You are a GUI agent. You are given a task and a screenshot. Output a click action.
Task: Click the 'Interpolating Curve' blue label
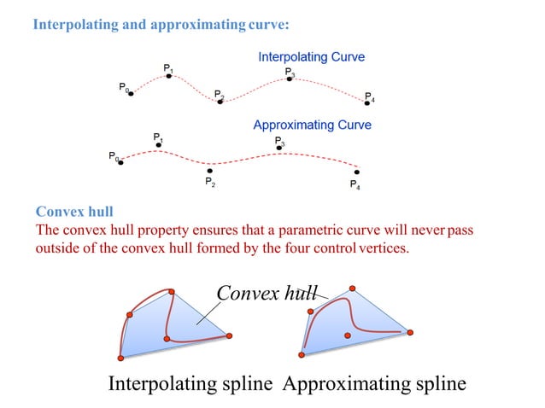click(x=311, y=57)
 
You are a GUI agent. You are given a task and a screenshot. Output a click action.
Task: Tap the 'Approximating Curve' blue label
click(x=312, y=125)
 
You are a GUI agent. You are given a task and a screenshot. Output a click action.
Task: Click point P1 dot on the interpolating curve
click(x=169, y=76)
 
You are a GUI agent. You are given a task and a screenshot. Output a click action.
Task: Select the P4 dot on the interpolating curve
click(x=367, y=102)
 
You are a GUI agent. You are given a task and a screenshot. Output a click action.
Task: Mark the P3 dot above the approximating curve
click(x=280, y=148)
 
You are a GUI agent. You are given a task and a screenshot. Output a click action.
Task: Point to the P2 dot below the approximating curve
click(x=209, y=171)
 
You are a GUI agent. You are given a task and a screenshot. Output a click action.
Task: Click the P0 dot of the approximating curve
click(x=120, y=161)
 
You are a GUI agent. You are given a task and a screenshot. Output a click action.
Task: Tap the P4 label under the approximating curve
click(x=355, y=185)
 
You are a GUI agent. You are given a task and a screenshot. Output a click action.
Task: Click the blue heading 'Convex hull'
click(x=75, y=211)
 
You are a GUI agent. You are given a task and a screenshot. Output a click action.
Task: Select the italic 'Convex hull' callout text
click(x=264, y=293)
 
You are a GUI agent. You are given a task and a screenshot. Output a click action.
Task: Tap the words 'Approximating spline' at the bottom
click(x=373, y=384)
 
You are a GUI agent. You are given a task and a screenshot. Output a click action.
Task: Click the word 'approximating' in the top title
click(x=197, y=25)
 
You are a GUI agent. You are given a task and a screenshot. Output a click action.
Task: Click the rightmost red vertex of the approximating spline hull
click(x=410, y=332)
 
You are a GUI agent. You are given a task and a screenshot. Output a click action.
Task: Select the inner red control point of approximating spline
click(x=347, y=335)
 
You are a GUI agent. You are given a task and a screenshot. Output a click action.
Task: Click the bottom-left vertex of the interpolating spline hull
click(x=121, y=357)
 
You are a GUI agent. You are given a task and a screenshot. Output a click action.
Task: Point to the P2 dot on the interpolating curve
click(x=220, y=102)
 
